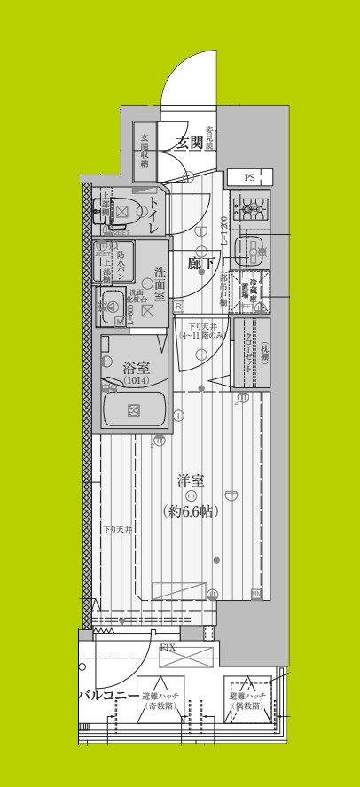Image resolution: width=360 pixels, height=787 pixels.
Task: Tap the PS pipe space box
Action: coord(249,177)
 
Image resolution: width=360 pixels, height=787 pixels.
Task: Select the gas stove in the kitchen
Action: coord(249,211)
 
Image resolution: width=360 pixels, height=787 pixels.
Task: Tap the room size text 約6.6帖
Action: coord(191,510)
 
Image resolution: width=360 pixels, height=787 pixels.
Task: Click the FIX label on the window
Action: coord(167,648)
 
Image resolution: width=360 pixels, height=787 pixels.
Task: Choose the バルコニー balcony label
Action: coord(107,696)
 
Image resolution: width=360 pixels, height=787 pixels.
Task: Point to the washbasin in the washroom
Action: coord(113,305)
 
